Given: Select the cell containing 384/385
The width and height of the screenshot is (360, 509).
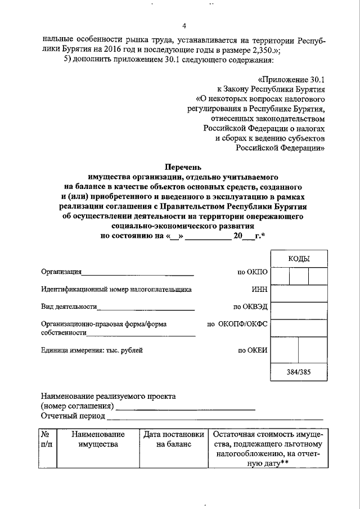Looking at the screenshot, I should [x=299, y=372].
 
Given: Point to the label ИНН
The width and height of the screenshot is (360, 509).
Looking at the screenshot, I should [x=260, y=290].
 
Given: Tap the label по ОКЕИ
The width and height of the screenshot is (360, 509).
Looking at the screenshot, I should [x=252, y=350].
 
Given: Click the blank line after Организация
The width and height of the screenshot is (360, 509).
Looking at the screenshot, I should [x=137, y=274].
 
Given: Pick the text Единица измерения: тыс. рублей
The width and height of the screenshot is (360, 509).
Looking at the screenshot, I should [x=92, y=350].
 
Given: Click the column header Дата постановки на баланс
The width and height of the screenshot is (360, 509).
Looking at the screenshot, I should [x=173, y=439].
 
